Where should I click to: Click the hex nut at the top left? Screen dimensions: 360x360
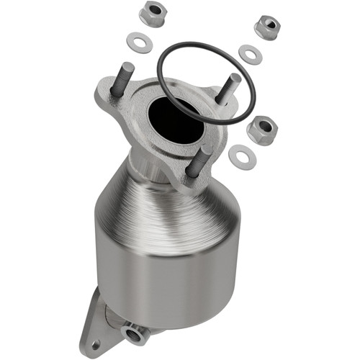pos(151,14)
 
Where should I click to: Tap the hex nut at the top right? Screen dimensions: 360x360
pos(267,27)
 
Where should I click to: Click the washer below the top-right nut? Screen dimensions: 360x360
pos(250,54)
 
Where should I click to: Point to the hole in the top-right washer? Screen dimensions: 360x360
pos(250,54)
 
